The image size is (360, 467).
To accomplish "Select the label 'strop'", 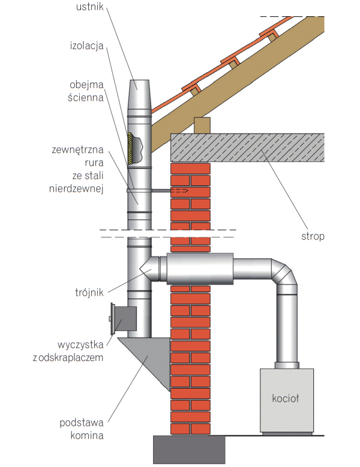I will [x=313, y=236].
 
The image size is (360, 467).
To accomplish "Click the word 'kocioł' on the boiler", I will [x=286, y=397].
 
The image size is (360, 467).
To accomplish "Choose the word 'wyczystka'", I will [x=82, y=345].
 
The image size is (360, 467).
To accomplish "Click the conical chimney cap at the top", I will [x=140, y=92].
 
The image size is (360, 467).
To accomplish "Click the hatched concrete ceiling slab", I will [x=249, y=147].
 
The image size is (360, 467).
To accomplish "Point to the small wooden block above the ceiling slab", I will [x=202, y=125].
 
